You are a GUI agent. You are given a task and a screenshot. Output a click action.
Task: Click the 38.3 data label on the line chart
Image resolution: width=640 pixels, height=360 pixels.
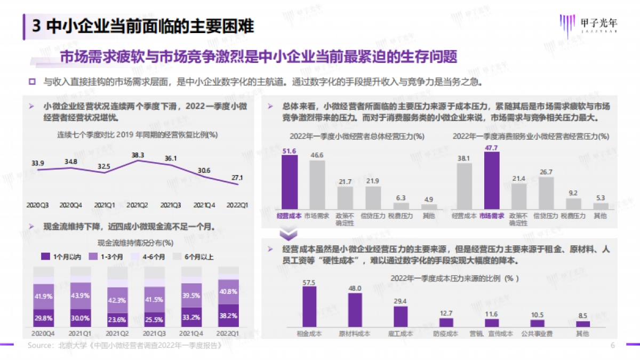point(138,155)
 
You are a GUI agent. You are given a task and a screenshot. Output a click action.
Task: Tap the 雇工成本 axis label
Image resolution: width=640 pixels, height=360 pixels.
point(400,333)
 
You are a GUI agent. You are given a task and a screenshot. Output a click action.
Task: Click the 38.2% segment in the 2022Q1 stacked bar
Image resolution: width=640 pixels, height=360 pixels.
point(228,315)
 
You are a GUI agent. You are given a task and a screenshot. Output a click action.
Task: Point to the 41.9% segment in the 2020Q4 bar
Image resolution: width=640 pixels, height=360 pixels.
point(44,297)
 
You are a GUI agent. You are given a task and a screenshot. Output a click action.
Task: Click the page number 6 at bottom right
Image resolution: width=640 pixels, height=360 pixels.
point(612,346)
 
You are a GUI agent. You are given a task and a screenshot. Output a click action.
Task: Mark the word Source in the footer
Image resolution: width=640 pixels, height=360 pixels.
point(39,346)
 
